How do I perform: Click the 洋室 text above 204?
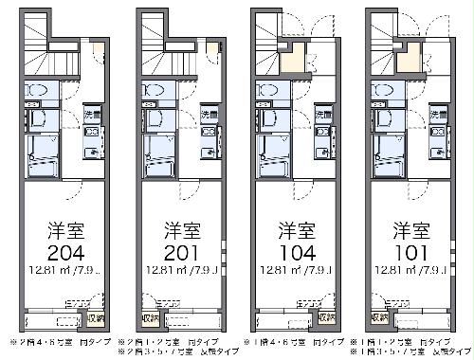[61, 229]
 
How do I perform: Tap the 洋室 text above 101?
[405, 229]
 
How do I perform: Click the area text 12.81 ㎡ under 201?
[158, 276]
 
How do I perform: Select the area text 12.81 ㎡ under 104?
[274, 276]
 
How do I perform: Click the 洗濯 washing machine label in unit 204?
[89, 115]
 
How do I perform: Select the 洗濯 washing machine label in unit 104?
[320, 115]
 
